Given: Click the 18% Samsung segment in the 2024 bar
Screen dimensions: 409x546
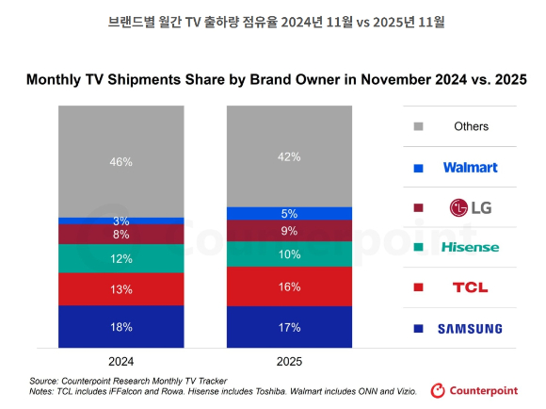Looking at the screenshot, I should pyautogui.click(x=120, y=327).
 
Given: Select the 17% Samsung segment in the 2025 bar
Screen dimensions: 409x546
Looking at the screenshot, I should pyautogui.click(x=289, y=327).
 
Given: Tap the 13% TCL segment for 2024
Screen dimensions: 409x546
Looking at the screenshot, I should pyautogui.click(x=120, y=289).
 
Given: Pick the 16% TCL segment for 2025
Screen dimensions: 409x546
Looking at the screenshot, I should pyautogui.click(x=289, y=286).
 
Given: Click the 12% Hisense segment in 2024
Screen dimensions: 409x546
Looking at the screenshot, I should pyautogui.click(x=120, y=258).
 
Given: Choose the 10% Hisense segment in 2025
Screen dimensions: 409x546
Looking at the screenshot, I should pyautogui.click(x=289, y=254).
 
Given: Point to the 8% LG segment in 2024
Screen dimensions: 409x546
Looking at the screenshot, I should pyautogui.click(x=120, y=235).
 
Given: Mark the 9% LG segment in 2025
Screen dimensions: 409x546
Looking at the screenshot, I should pyautogui.click(x=289, y=230).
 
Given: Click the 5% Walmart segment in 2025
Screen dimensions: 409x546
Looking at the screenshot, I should pyautogui.click(x=289, y=213).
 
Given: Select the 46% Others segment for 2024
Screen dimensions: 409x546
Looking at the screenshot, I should pyautogui.click(x=120, y=161).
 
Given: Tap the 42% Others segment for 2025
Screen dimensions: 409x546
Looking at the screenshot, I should pyautogui.click(x=289, y=156).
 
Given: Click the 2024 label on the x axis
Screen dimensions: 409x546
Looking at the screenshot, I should pyautogui.click(x=120, y=360).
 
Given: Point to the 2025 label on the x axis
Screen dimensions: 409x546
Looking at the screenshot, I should pyautogui.click(x=289, y=360).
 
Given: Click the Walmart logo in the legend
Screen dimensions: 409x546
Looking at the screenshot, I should pyautogui.click(x=470, y=167).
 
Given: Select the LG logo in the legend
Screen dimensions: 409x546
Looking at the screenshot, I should pyautogui.click(x=470, y=207).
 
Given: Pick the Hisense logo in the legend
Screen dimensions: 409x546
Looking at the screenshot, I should pyautogui.click(x=470, y=248).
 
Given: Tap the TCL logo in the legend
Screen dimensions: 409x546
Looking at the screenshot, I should pyautogui.click(x=470, y=287).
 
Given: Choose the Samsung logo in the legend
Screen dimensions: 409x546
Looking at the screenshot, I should pyautogui.click(x=470, y=329).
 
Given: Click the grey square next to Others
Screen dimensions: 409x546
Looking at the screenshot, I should pyautogui.click(x=418, y=126).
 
